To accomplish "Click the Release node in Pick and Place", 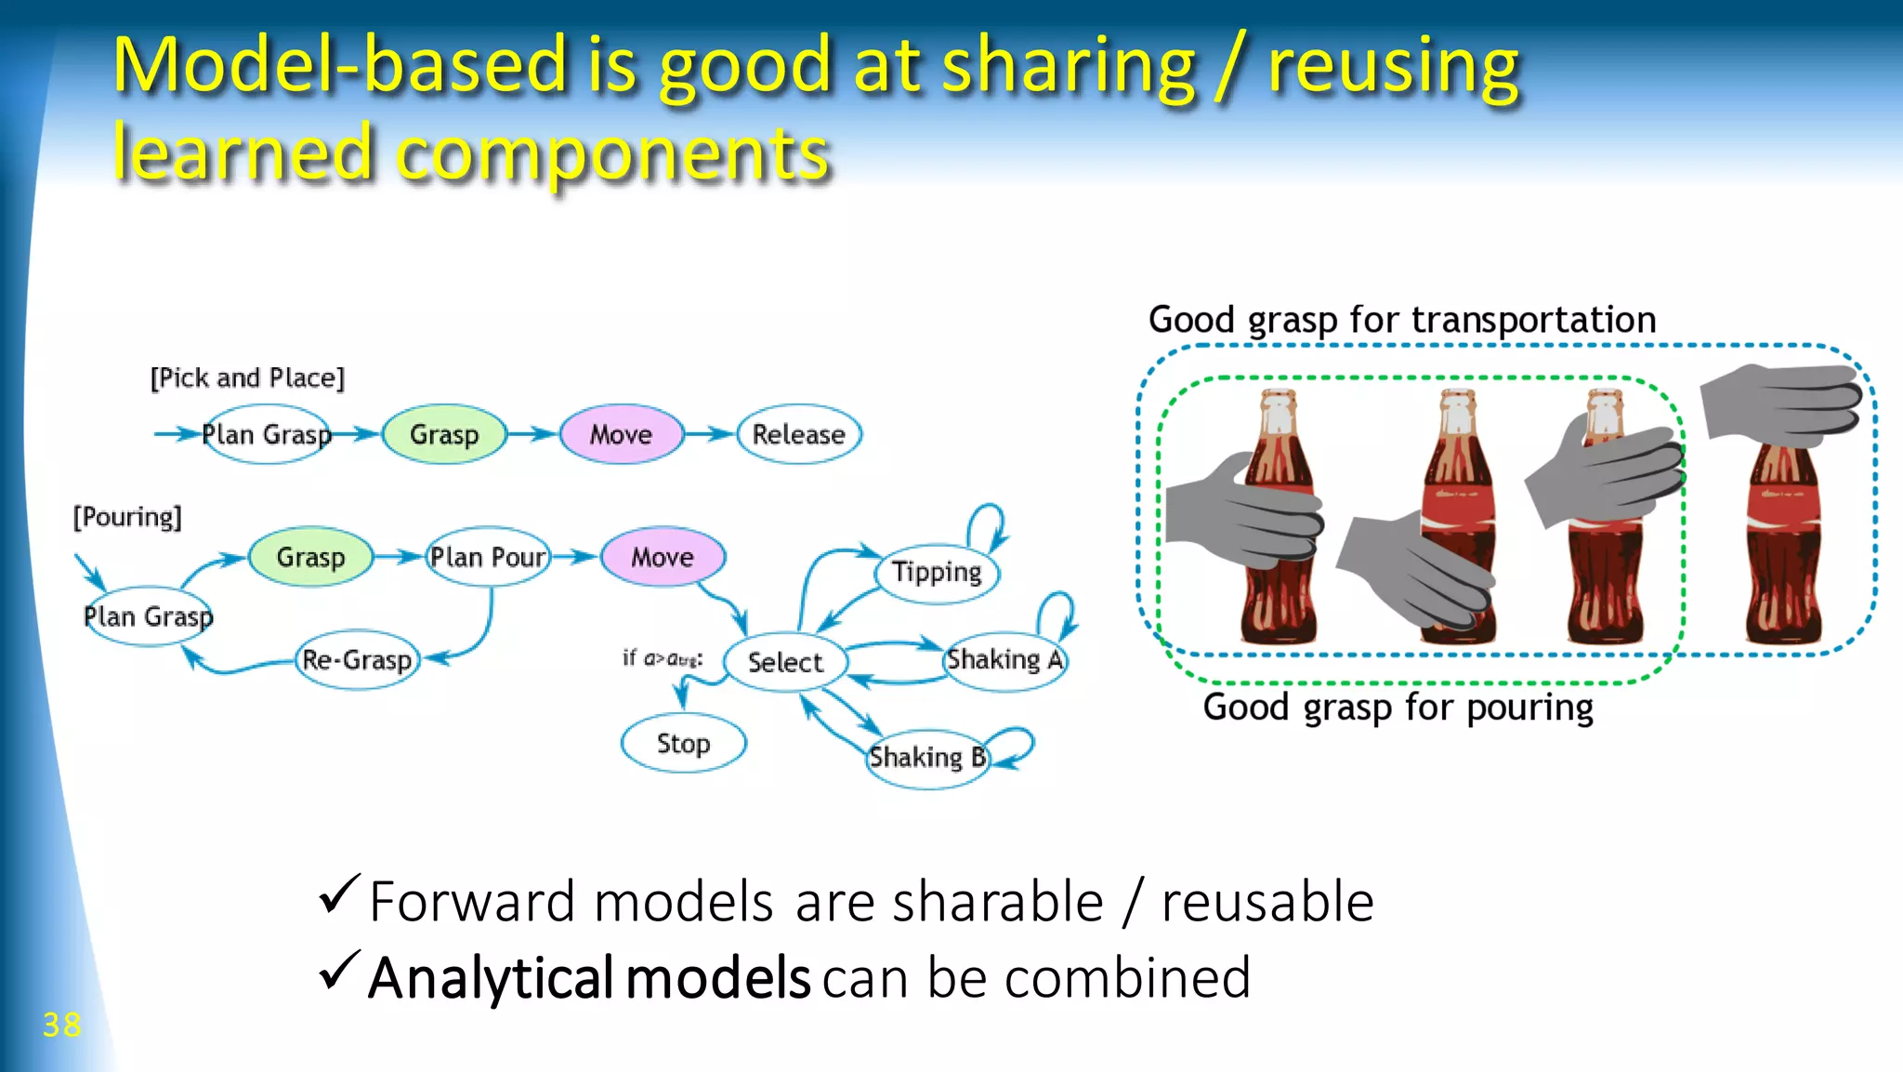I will pyautogui.click(x=798, y=434).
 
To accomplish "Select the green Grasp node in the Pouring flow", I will pyautogui.click(x=310, y=557).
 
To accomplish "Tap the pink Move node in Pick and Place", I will pyautogui.click(x=621, y=434).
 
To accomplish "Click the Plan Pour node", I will pyautogui.click(x=488, y=557).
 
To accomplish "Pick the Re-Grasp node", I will pyautogui.click(x=357, y=660).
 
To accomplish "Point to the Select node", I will pyautogui.click(x=785, y=662).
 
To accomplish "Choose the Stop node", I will pyautogui.click(x=683, y=744).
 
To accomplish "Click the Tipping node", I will pyautogui.click(x=937, y=572).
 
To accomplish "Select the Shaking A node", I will pyautogui.click(x=1004, y=660).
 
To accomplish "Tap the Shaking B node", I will pyautogui.click(x=927, y=758).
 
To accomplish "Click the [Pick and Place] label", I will pyautogui.click(x=247, y=377).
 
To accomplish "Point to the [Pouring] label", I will pyautogui.click(x=127, y=517).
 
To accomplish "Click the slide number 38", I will pyautogui.click(x=61, y=1025).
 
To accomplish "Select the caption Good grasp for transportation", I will pyautogui.click(x=1401, y=320).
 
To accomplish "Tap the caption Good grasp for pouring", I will pyautogui.click(x=1398, y=708).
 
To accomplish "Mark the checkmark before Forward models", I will pyautogui.click(x=338, y=894).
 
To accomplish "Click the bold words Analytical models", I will pyautogui.click(x=589, y=978).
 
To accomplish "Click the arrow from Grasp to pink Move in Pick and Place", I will pyautogui.click(x=532, y=433).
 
